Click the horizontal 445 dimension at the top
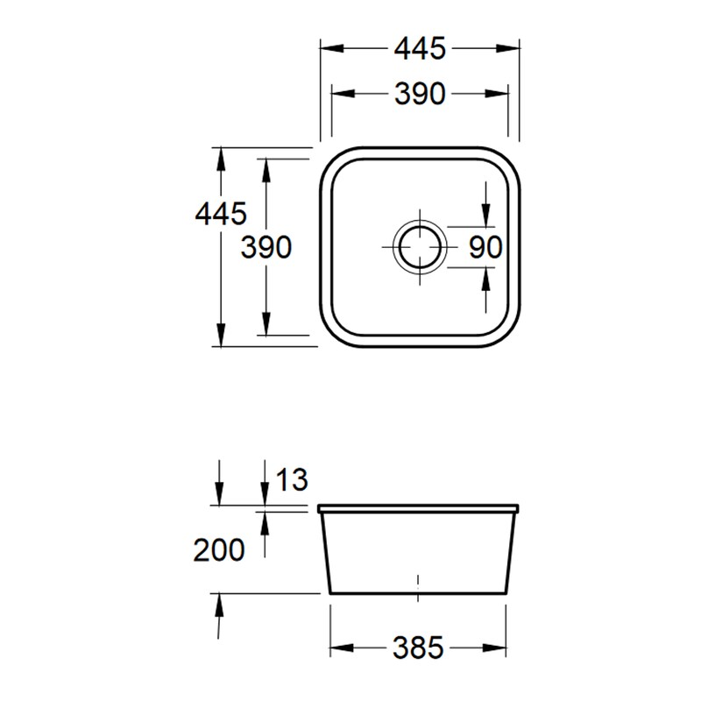click(420, 48)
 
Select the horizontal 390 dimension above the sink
click(420, 94)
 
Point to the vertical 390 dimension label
click(266, 248)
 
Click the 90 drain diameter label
click(485, 247)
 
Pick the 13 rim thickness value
click(293, 479)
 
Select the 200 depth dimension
click(219, 549)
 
